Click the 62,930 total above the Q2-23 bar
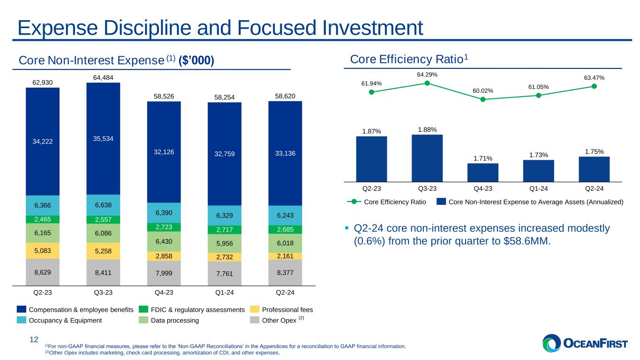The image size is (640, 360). (x=43, y=82)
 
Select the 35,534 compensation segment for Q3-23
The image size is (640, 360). (x=103, y=139)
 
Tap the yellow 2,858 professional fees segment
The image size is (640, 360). (x=164, y=256)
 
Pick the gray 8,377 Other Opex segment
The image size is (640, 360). (x=285, y=272)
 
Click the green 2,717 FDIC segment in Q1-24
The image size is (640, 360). (x=224, y=230)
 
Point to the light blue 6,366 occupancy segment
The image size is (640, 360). (x=43, y=205)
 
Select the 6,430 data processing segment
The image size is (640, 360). (x=164, y=241)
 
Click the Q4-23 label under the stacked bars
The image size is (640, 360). (x=164, y=292)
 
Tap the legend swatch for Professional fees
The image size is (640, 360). (x=255, y=309)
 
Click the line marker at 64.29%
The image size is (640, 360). (x=427, y=83)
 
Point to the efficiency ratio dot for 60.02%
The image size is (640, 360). (x=483, y=99)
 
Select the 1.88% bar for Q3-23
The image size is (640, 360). (x=427, y=158)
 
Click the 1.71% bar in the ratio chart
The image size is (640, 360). (x=483, y=172)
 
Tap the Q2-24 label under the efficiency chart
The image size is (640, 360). (x=595, y=188)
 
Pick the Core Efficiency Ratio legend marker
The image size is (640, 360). (x=354, y=202)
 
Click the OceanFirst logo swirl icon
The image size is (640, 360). (x=551, y=343)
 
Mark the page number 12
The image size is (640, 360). (x=34, y=339)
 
